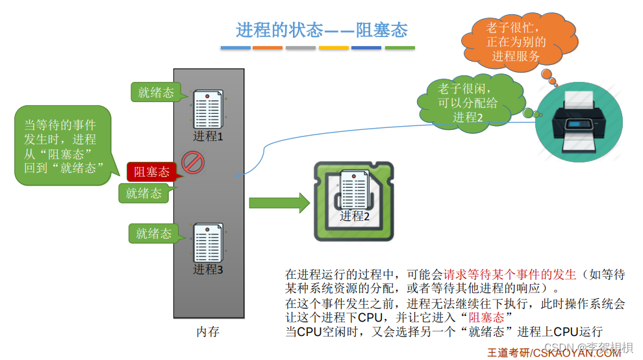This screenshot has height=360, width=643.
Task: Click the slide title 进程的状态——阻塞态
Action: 321,30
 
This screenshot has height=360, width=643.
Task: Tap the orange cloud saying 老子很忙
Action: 516,40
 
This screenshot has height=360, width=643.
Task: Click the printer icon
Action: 578,122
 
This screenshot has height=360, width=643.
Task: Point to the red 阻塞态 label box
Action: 151,172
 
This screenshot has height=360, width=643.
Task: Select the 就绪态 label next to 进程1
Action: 156,93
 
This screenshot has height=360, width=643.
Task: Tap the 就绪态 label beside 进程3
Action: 153,234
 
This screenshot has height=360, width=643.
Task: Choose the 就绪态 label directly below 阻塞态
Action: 144,193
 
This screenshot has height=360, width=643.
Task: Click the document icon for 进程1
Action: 208,109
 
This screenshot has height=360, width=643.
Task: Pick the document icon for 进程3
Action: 208,242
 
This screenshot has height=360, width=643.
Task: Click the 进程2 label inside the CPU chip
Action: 355,216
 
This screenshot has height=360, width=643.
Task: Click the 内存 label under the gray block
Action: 208,331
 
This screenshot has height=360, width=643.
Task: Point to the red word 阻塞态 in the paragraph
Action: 486,317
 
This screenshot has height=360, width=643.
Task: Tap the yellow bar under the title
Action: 334,48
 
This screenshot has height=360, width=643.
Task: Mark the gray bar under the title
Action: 301,48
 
